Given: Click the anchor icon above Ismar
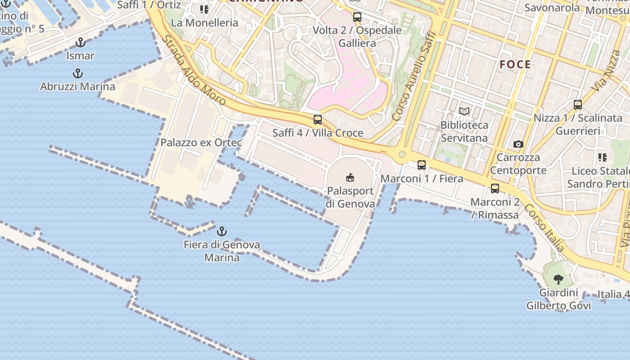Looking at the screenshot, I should point(80,43).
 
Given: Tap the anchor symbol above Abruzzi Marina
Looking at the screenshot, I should point(78,73).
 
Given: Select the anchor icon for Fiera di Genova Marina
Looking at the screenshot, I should point(221,231).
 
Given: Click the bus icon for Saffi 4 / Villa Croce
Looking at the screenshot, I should point(318,120).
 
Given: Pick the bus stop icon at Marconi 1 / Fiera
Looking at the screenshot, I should point(422,165).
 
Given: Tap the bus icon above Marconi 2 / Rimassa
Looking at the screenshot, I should point(495,189).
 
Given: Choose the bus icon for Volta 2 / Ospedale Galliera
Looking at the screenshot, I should point(357,18).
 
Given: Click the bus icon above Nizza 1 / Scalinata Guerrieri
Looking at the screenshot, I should point(578,105).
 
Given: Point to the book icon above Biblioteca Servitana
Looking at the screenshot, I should point(464,111).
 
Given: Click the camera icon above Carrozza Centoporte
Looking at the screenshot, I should point(518,144).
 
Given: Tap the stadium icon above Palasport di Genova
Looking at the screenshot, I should point(350,178).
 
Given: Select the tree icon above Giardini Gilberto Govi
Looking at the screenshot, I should point(558,279).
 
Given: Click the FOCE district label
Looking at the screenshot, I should point(515,64).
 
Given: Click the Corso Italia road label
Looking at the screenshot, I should point(544,229).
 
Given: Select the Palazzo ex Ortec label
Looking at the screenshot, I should point(201,143).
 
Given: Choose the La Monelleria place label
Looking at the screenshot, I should point(204,22).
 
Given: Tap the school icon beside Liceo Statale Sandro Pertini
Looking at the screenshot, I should point(602,157).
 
